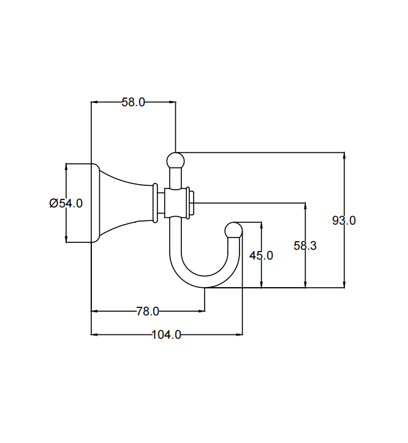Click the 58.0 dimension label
click(x=133, y=102)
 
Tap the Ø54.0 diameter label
click(x=66, y=203)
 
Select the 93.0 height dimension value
click(x=344, y=220)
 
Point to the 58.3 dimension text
click(x=305, y=245)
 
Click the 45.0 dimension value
click(x=262, y=255)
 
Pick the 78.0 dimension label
click(x=147, y=312)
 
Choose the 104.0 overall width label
click(x=166, y=334)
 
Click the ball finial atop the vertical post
click(x=175, y=160)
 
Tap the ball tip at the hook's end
click(x=234, y=230)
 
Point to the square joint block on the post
click(x=175, y=203)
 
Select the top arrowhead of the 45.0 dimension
click(x=262, y=225)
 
